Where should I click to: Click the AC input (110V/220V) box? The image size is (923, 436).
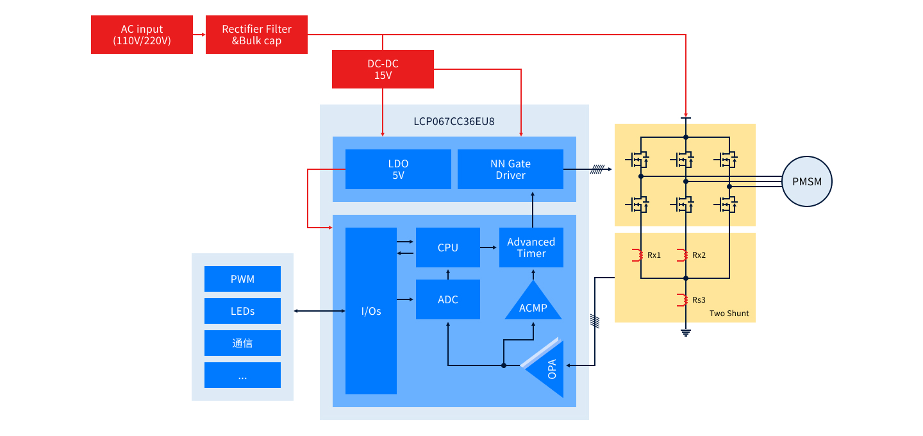(x=142, y=35)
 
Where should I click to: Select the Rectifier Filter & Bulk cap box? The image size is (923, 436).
(x=256, y=35)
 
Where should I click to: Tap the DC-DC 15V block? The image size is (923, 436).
(x=383, y=69)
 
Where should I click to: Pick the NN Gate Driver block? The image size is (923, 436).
(x=510, y=169)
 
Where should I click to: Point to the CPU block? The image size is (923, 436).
(x=447, y=247)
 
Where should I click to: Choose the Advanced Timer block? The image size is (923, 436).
(x=531, y=247)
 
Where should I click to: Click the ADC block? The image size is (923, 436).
(x=447, y=299)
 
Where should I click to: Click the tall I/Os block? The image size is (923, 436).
(x=370, y=311)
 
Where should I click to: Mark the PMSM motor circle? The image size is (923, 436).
(x=806, y=181)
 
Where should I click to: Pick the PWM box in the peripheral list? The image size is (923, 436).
(x=242, y=279)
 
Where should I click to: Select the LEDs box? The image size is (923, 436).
(x=242, y=311)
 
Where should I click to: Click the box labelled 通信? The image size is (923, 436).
(x=242, y=343)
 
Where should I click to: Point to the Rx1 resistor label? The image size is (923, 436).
(x=654, y=255)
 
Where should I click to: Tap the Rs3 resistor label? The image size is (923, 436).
(x=699, y=300)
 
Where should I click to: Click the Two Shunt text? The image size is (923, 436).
(x=729, y=314)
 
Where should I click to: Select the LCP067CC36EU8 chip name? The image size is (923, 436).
(x=454, y=121)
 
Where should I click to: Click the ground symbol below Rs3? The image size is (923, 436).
(x=685, y=332)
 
